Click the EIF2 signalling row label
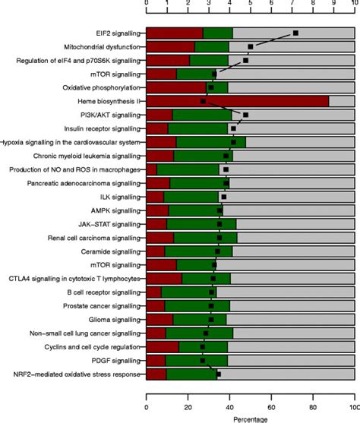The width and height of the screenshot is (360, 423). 118,33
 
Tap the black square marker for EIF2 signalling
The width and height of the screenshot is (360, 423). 295,33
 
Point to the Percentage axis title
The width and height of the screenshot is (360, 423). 250,417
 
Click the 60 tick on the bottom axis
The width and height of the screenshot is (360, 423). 270,402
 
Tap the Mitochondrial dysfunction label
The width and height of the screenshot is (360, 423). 103,46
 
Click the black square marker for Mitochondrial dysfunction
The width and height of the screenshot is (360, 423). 250,46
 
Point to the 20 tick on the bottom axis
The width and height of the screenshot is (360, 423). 188,402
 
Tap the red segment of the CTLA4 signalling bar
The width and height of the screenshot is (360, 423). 163,278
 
